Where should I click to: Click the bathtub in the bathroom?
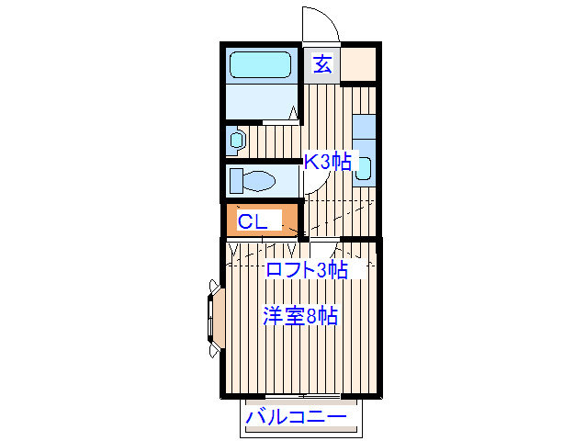coord(260,65)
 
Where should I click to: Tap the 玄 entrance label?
coord(322,64)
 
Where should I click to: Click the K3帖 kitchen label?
coord(327,162)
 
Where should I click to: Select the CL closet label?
coord(253,221)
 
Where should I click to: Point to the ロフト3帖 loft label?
coord(306,270)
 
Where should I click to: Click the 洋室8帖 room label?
coord(300,317)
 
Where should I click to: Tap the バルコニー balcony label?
coord(297,418)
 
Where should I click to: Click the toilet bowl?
coord(258,180)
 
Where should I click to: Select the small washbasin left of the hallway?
coord(237,141)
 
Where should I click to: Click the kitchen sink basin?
coord(364,168)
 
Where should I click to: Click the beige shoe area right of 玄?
coord(358,64)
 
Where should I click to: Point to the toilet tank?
coord(235,180)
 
